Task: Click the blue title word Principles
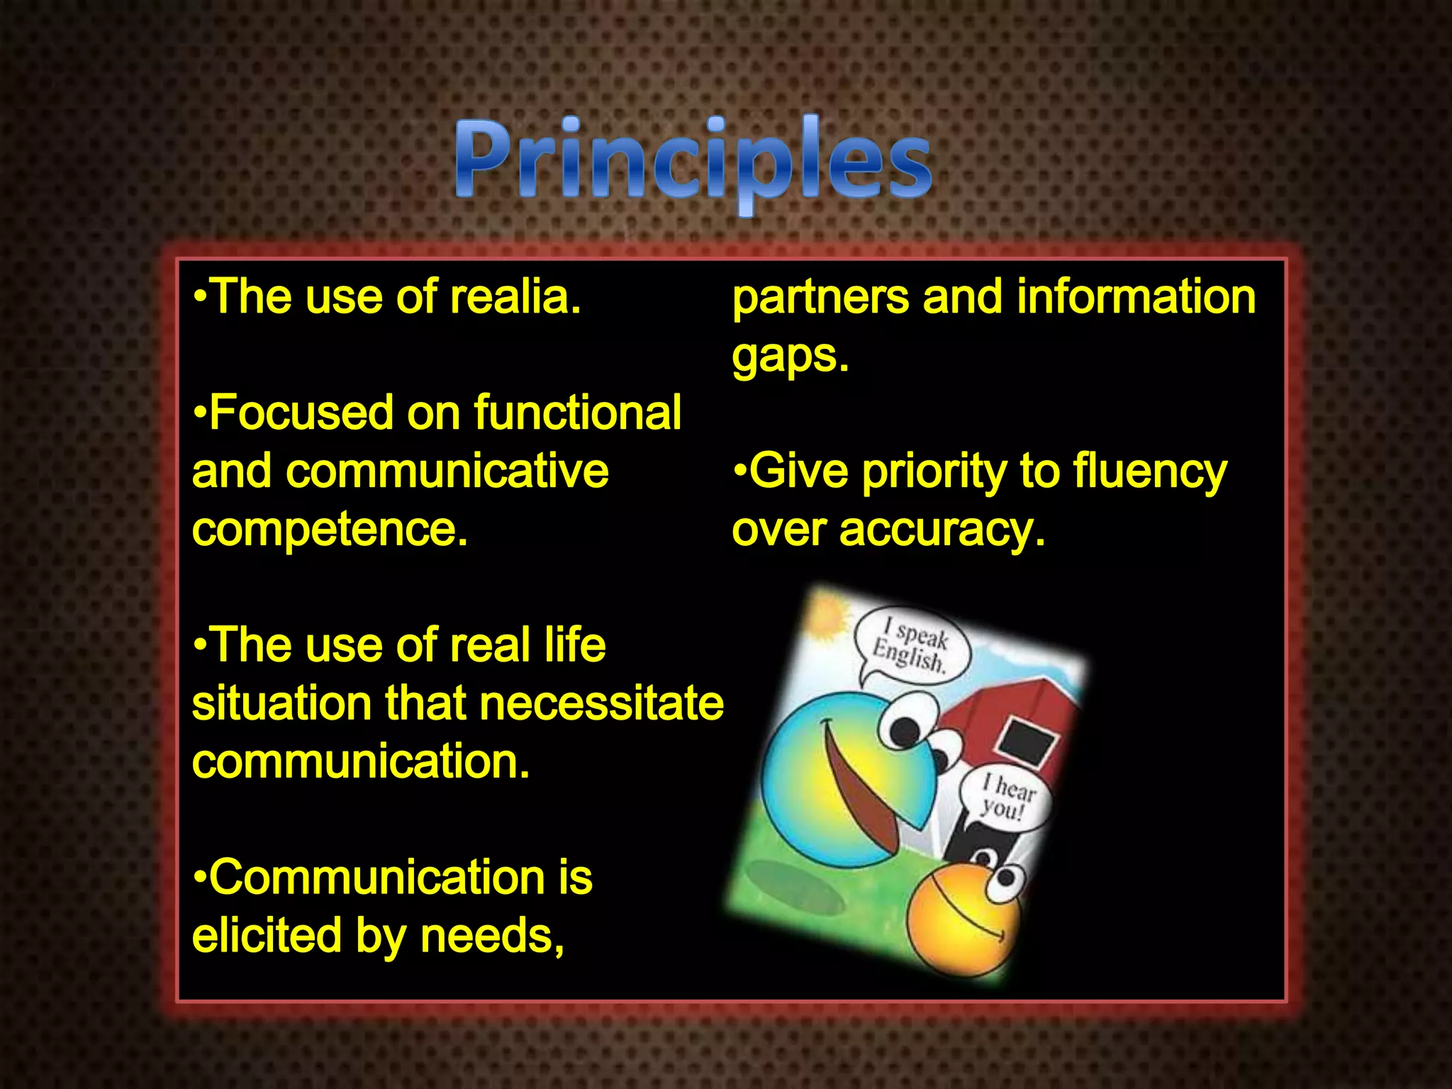[693, 163]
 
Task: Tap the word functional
[577, 413]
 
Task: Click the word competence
[329, 530]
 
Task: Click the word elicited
[267, 936]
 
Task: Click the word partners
[820, 298]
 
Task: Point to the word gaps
[789, 356]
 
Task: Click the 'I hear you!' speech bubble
[1005, 798]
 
